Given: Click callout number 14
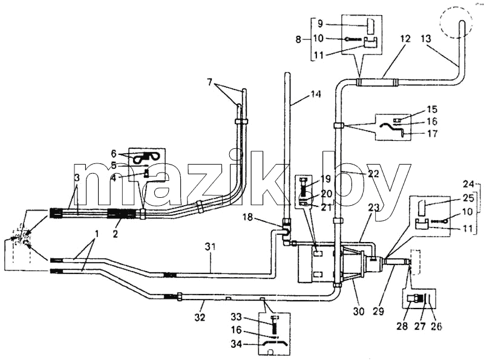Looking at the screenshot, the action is (x=315, y=94).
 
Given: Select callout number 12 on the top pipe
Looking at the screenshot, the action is (x=405, y=39).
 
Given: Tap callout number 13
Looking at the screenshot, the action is (x=426, y=39).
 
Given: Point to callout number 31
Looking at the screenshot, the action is (x=210, y=247).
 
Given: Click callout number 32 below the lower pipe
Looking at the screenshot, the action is (x=200, y=317).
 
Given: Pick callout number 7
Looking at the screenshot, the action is (x=210, y=82).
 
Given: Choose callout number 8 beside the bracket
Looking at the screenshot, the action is (x=298, y=39).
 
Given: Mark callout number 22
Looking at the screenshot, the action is (x=373, y=174).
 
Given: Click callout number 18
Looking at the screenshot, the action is (x=247, y=217).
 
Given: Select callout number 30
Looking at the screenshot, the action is (x=359, y=312).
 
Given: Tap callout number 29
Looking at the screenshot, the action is (x=378, y=312).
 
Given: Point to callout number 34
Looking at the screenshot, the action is (x=237, y=344).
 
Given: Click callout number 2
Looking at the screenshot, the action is (x=115, y=234).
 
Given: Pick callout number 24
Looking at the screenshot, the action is (x=468, y=185).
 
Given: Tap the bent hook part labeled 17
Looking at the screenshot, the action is (x=393, y=129).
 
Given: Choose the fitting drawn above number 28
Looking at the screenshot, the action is (x=414, y=298).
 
